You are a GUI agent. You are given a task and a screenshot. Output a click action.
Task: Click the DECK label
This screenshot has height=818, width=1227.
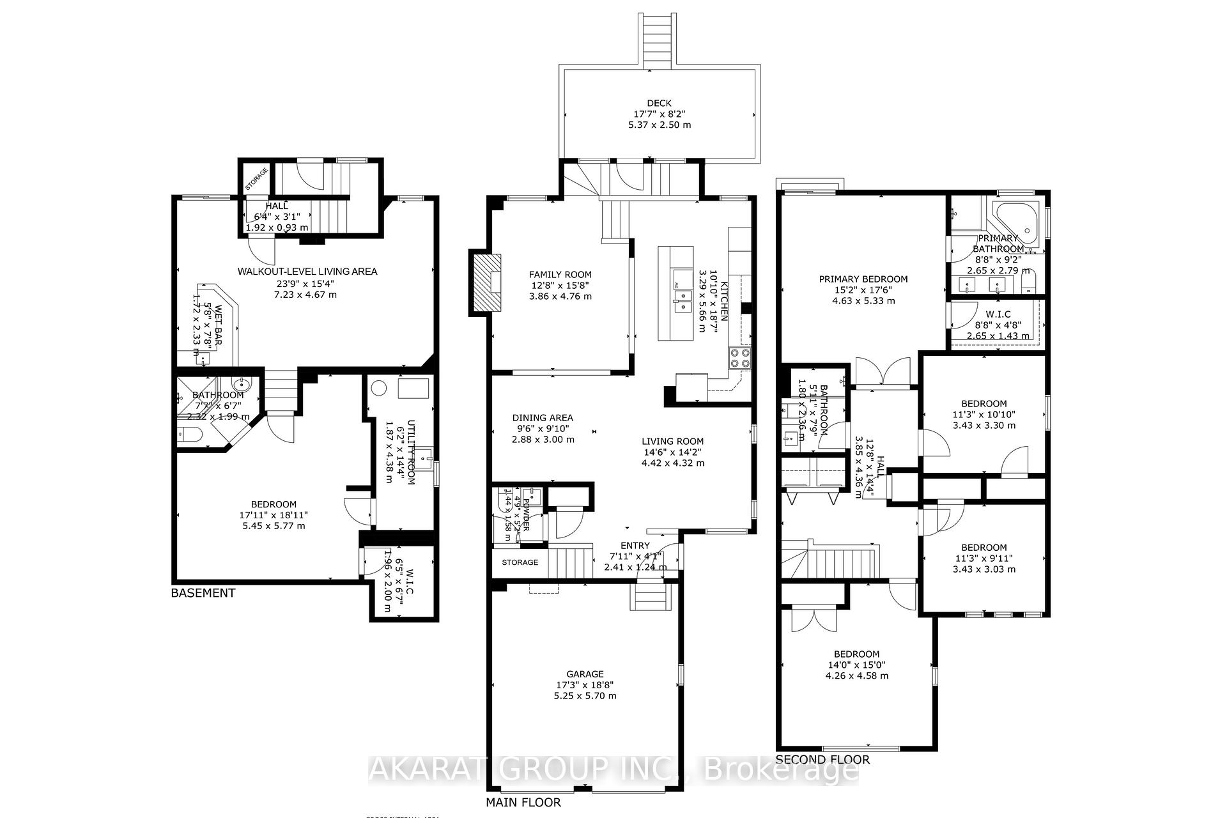[x=659, y=103]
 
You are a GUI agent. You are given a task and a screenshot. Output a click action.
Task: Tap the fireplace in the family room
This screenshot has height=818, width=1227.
[x=487, y=282]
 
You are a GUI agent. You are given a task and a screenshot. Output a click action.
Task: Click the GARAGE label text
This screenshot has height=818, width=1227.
[x=585, y=674]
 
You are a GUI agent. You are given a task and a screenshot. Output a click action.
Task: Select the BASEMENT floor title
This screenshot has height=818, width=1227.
[x=203, y=593]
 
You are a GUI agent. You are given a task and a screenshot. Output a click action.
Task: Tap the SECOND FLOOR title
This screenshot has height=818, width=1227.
[x=822, y=760]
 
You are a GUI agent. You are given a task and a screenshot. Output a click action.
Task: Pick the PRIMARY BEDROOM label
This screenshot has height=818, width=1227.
[x=863, y=279]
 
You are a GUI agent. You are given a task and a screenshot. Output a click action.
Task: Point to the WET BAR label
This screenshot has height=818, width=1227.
[x=218, y=326]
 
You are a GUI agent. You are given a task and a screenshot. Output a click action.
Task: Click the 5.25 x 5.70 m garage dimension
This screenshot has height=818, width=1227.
[x=585, y=696]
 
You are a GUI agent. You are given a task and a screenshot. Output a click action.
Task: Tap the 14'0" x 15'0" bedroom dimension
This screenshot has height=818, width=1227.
[x=856, y=665]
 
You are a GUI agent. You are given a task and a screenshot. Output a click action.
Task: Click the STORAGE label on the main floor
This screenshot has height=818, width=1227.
[x=520, y=562]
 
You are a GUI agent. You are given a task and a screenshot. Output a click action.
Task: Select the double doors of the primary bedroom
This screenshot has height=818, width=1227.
[x=883, y=373]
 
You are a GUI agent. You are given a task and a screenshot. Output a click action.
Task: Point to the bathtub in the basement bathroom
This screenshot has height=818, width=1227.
[x=190, y=435]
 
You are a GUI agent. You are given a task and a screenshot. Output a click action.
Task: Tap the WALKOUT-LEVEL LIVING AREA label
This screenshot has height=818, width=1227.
[x=307, y=272]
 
